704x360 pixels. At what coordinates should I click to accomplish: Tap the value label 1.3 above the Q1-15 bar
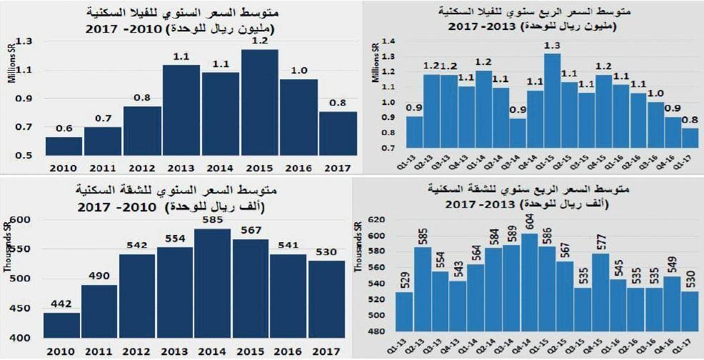click(x=551, y=46)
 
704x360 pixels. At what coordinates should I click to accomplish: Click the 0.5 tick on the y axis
click(x=24, y=155)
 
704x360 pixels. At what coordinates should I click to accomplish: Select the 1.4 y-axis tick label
click(x=388, y=43)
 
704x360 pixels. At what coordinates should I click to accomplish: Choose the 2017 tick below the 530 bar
click(x=327, y=350)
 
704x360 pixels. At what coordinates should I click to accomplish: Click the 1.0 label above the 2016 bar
click(x=298, y=71)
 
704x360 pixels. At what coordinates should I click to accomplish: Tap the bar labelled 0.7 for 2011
click(x=102, y=141)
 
